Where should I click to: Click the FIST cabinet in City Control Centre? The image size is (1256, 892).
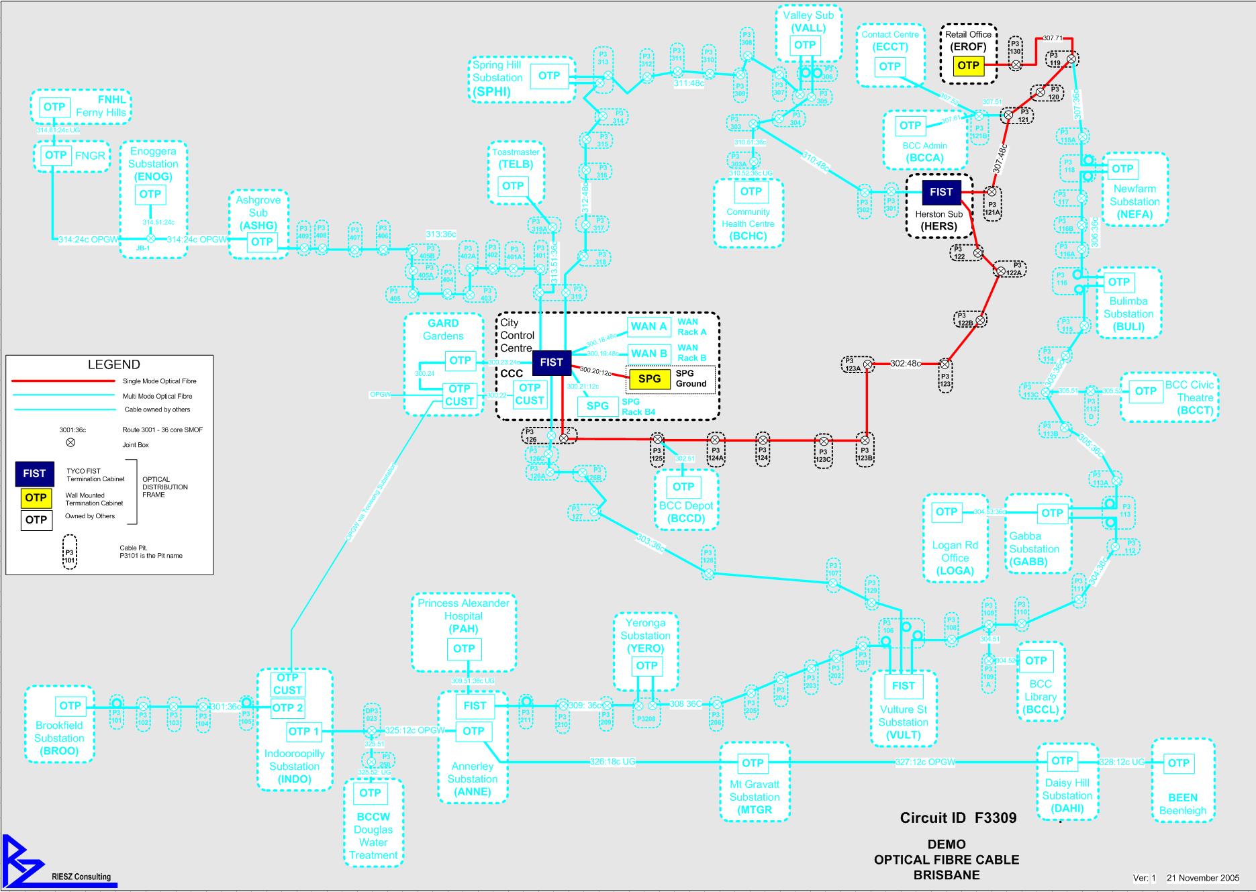click(x=551, y=362)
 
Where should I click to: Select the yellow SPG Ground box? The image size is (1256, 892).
click(x=649, y=379)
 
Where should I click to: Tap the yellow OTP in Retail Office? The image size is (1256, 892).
click(x=968, y=65)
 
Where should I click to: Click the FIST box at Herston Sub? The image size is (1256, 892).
click(x=940, y=192)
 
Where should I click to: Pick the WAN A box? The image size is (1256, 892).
click(x=648, y=327)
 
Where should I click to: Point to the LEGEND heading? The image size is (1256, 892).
click(x=114, y=365)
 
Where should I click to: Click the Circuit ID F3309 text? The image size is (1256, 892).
click(x=958, y=817)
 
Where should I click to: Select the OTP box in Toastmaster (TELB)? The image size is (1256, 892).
click(x=513, y=186)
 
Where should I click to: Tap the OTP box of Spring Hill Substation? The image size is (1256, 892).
click(x=549, y=76)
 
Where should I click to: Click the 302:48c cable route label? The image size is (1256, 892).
click(x=906, y=364)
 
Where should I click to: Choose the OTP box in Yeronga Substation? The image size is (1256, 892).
click(x=646, y=666)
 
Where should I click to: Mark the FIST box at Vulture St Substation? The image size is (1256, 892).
click(x=903, y=685)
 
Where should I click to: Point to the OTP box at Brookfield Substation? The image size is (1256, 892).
click(x=70, y=706)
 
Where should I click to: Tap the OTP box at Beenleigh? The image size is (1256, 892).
click(x=1178, y=762)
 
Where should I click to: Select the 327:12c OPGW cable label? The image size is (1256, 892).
click(x=924, y=762)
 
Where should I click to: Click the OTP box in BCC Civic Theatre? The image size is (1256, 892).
click(x=1145, y=391)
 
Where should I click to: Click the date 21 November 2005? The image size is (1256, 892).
click(x=1203, y=878)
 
